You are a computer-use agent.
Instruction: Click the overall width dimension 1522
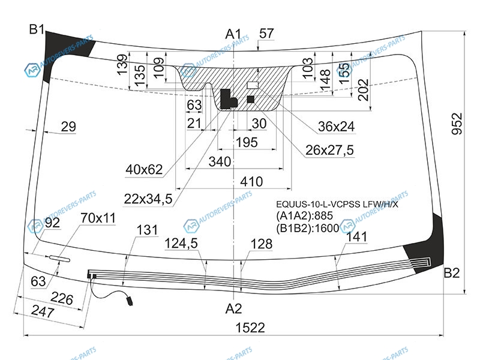point(250,328)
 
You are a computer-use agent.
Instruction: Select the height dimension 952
point(457,124)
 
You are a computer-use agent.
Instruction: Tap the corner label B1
point(37,29)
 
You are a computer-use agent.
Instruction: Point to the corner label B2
point(452,272)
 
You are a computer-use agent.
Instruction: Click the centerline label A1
point(233,34)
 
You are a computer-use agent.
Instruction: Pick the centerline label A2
point(233,308)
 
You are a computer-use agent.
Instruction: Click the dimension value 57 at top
point(266,34)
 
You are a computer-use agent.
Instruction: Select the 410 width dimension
point(251,182)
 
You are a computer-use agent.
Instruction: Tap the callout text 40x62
point(144,169)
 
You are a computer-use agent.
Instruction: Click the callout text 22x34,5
point(148,199)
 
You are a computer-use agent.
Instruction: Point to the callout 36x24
point(336,127)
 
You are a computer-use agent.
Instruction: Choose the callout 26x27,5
point(329,150)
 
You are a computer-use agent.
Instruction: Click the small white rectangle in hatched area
point(253,85)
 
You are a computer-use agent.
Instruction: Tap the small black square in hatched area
point(251,99)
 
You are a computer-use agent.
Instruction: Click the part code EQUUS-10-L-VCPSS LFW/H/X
point(337,204)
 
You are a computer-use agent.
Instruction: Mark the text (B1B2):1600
point(308,228)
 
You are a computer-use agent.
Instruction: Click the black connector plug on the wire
point(130,300)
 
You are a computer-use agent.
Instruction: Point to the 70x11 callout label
point(98,218)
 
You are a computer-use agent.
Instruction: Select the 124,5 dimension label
point(181,244)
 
